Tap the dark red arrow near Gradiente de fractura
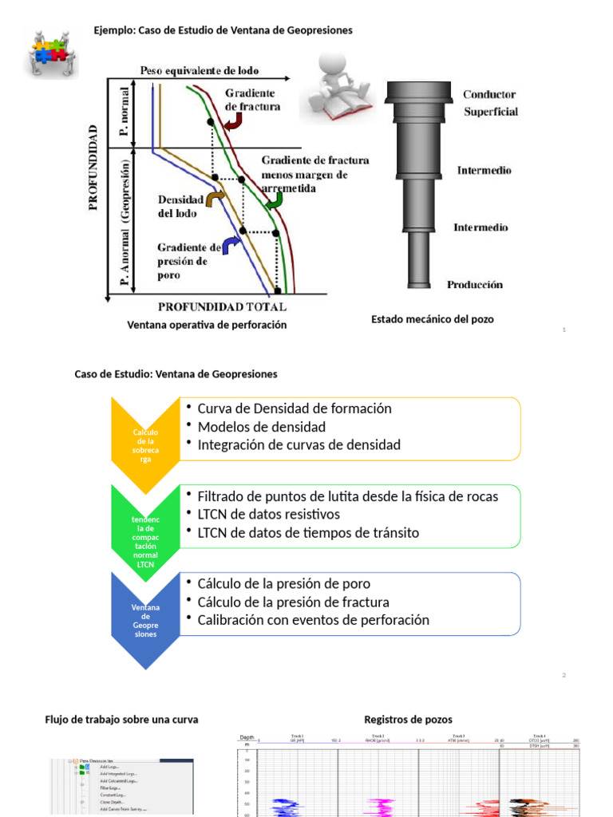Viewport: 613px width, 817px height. pyautogui.click(x=233, y=120)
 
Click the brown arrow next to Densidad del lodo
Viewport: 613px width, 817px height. pyautogui.click(x=215, y=199)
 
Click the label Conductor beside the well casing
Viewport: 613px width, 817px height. pyautogui.click(x=489, y=94)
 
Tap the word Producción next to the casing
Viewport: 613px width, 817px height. pyautogui.click(x=475, y=284)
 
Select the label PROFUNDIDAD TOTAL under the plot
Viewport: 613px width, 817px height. pyautogui.click(x=222, y=306)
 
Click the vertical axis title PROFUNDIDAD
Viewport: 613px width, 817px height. pyautogui.click(x=93, y=167)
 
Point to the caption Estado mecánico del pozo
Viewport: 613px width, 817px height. pyautogui.click(x=433, y=319)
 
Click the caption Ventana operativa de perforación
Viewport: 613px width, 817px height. pyautogui.click(x=207, y=326)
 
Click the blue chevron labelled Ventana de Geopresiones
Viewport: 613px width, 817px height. pyautogui.click(x=145, y=620)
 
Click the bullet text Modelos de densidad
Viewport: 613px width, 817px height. pyautogui.click(x=262, y=427)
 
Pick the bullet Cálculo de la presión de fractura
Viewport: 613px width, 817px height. pyautogui.click(x=294, y=602)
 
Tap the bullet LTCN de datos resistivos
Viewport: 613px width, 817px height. pyautogui.click(x=268, y=514)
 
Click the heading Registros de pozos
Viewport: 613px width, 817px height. pyautogui.click(x=408, y=720)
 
